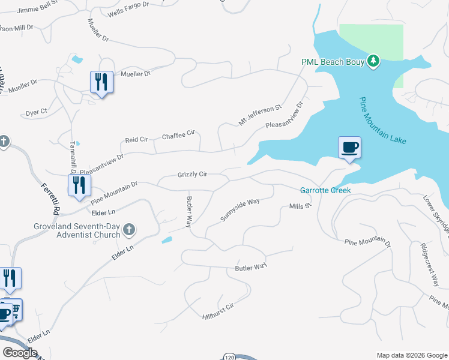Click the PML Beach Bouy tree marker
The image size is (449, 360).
[373, 61]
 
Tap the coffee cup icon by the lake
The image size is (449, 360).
[349, 147]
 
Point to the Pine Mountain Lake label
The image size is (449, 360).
[383, 121]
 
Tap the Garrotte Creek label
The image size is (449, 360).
[325, 190]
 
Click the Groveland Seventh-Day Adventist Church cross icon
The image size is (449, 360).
[128, 229]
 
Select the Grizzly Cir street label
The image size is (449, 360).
[192, 175]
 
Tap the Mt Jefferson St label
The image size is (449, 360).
[260, 115]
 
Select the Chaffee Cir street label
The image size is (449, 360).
[179, 136]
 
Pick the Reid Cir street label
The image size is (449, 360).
[136, 140]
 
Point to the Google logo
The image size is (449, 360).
[20, 353]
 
